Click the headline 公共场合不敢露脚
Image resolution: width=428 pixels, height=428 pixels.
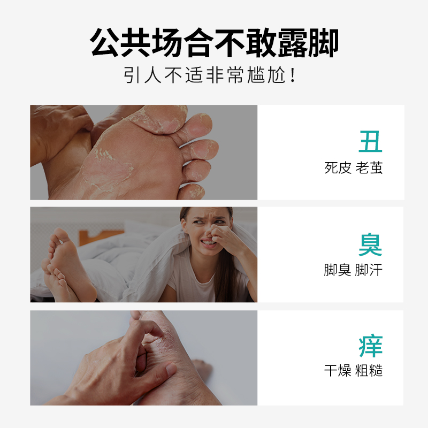pyautogui.click(x=214, y=43)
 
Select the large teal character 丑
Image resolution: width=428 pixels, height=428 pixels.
pyautogui.click(x=370, y=141)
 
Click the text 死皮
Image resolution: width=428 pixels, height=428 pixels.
pyautogui.click(x=338, y=168)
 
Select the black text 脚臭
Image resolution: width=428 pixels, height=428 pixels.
pyautogui.click(x=338, y=270)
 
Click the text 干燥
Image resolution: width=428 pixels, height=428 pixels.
pyautogui.click(x=338, y=371)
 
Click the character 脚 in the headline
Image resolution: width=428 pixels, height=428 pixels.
pyautogui.click(x=323, y=43)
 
